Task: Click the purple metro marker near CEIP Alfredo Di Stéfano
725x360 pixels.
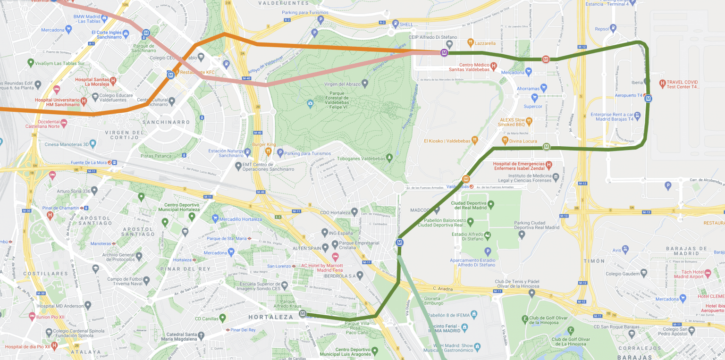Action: click(444, 53)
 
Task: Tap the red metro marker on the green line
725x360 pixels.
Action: click(546, 59)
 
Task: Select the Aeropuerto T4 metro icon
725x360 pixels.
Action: click(649, 99)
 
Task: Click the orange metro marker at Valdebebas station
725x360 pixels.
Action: click(466, 179)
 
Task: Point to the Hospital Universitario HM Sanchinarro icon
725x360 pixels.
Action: click(84, 101)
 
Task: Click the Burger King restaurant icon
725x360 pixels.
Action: click(268, 151)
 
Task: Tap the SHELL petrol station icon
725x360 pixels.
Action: click(391, 25)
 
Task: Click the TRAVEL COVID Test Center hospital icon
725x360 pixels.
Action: click(662, 84)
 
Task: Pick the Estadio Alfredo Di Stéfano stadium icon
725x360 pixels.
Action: click(487, 234)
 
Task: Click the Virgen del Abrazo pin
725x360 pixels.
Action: click(365, 84)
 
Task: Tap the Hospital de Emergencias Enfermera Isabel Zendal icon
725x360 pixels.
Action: click(548, 166)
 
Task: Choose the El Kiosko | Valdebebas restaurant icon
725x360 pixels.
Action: click(475, 141)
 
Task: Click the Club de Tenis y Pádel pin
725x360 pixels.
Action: click(532, 293)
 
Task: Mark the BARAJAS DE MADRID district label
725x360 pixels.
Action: click(689, 251)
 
